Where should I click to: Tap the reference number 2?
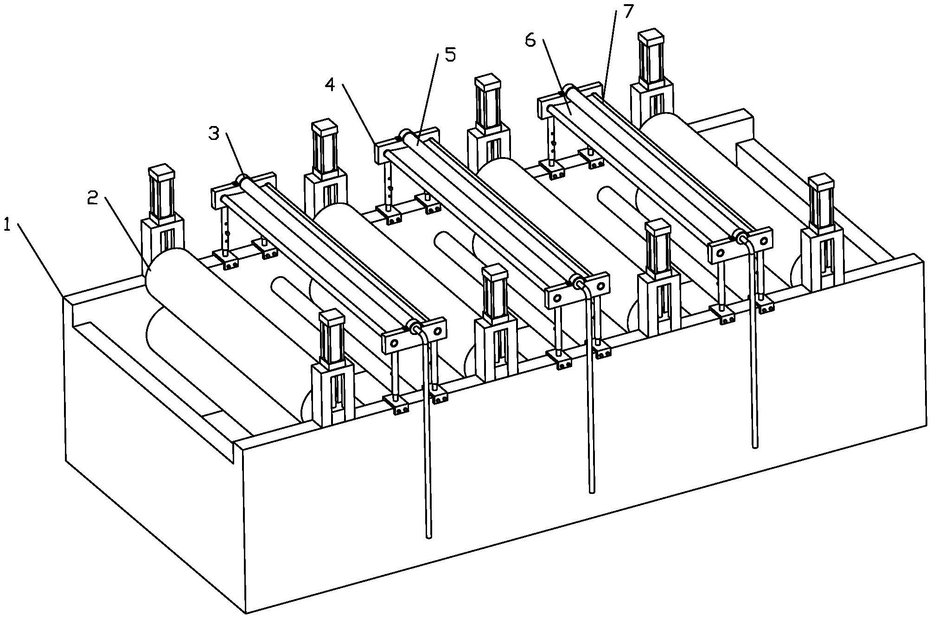(x=93, y=199)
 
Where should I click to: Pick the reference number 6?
(x=531, y=40)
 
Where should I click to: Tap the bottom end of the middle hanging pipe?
(x=591, y=490)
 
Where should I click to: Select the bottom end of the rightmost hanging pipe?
(x=755, y=446)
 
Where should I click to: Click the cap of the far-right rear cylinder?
(x=651, y=37)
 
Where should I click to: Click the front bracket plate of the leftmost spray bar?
(x=414, y=335)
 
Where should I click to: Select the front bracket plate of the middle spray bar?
(x=577, y=290)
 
